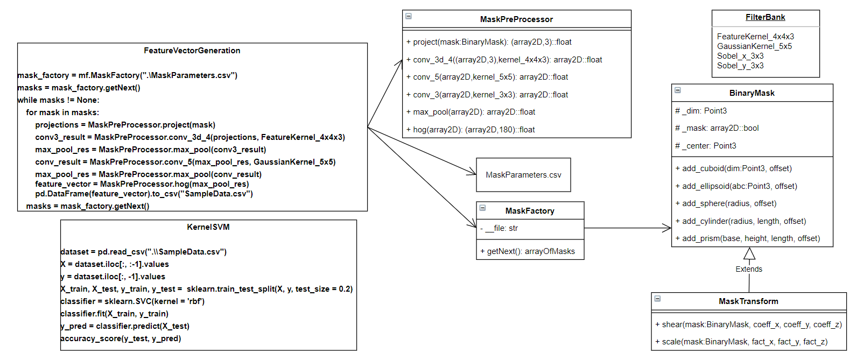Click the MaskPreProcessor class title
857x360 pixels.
516,19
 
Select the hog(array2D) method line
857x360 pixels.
470,130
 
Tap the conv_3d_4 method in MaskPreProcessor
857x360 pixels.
504,60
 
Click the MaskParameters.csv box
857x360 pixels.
523,175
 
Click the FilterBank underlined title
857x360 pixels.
765,17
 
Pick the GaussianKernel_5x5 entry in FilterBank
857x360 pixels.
754,46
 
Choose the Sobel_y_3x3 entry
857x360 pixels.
740,66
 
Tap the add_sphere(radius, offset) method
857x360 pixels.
726,203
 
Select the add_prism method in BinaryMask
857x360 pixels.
748,238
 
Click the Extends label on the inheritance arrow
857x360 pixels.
749,269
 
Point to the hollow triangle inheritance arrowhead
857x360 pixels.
749,254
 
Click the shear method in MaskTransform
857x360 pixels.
748,324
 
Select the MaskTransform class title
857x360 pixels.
748,301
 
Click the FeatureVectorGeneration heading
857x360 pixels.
192,51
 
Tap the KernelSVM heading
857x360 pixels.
208,227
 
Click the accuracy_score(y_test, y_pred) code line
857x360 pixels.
121,338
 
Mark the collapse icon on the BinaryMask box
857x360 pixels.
678,90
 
